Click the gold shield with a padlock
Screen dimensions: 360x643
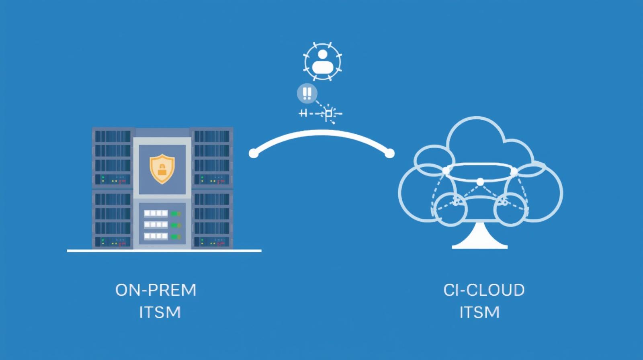162,169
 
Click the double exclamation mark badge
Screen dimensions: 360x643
307,93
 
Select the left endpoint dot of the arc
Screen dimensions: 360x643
254,153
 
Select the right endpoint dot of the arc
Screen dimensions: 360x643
389,153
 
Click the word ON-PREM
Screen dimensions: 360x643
156,290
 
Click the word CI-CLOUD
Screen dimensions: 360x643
484,290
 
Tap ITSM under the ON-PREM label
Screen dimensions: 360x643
160,312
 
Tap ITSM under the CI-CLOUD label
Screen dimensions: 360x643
479,312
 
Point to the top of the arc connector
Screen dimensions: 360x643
321,133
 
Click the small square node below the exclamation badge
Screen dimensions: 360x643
329,114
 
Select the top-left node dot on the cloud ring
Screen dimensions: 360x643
446,172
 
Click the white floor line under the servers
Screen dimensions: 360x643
164,251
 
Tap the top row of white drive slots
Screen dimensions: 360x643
156,213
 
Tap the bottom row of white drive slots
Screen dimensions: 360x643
156,236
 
